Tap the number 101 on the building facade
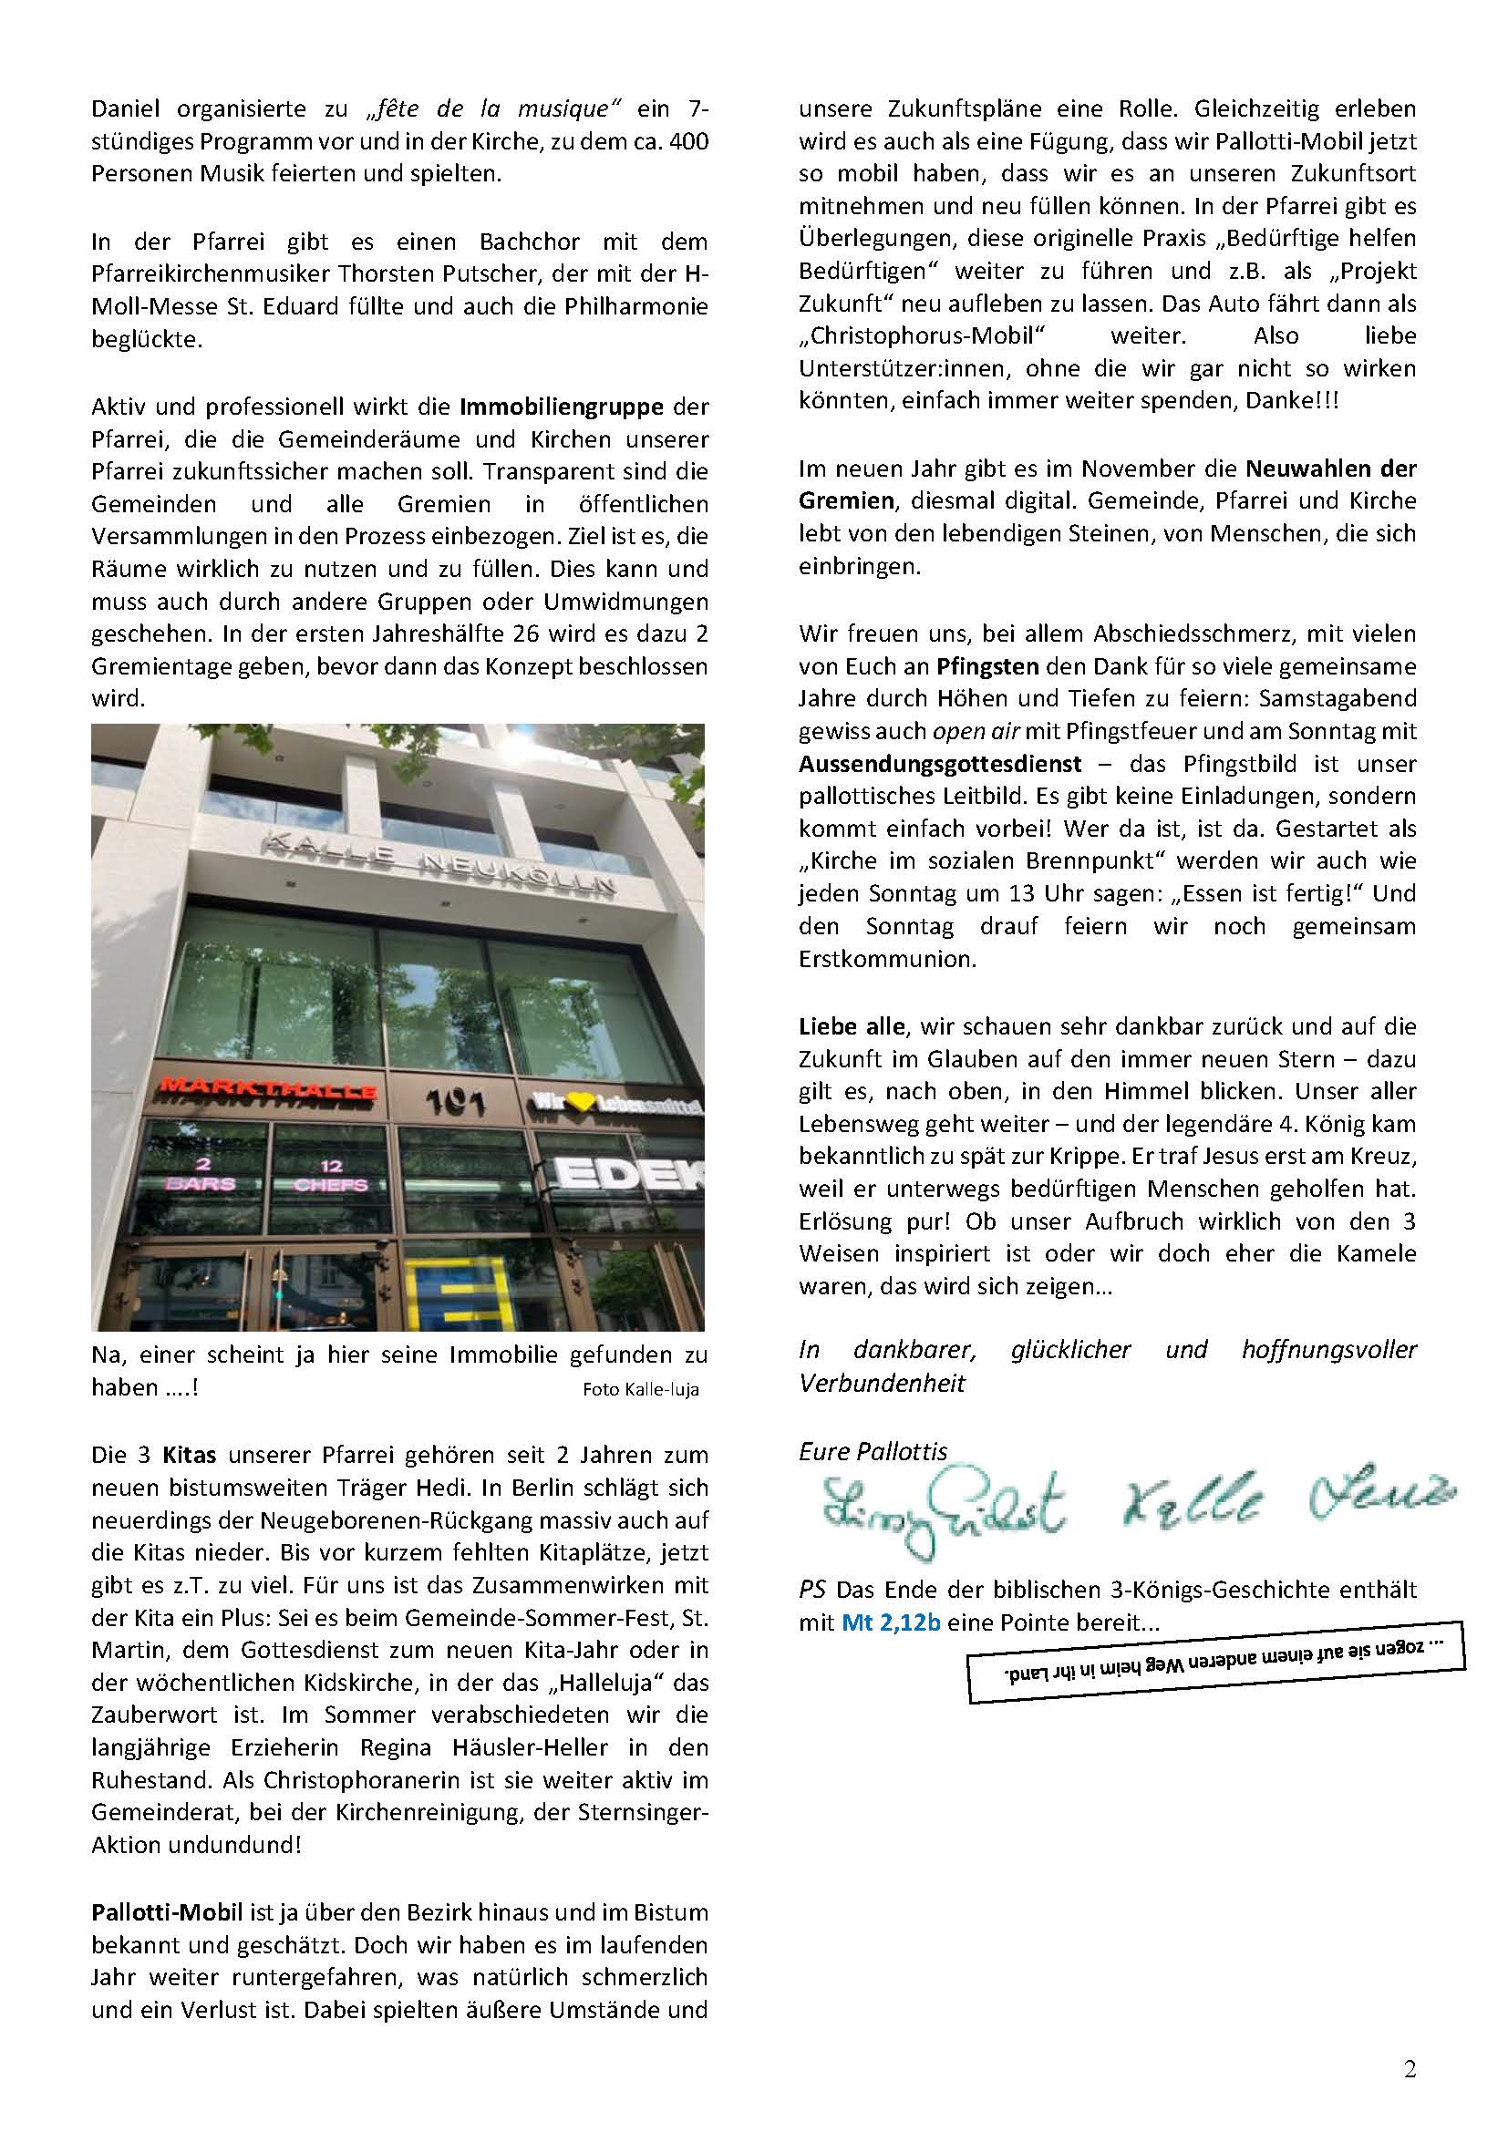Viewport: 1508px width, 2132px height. point(457,1102)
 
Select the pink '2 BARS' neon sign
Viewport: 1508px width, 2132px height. point(200,1175)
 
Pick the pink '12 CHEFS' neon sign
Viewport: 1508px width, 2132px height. point(331,1175)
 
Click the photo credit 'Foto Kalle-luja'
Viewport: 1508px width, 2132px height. point(641,1390)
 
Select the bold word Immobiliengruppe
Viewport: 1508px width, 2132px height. point(562,406)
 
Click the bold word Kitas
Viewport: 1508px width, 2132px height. point(190,1454)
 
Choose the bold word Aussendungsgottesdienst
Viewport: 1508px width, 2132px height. point(940,763)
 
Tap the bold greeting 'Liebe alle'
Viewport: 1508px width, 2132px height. point(851,1026)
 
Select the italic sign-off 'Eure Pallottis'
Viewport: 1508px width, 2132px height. point(873,1451)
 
